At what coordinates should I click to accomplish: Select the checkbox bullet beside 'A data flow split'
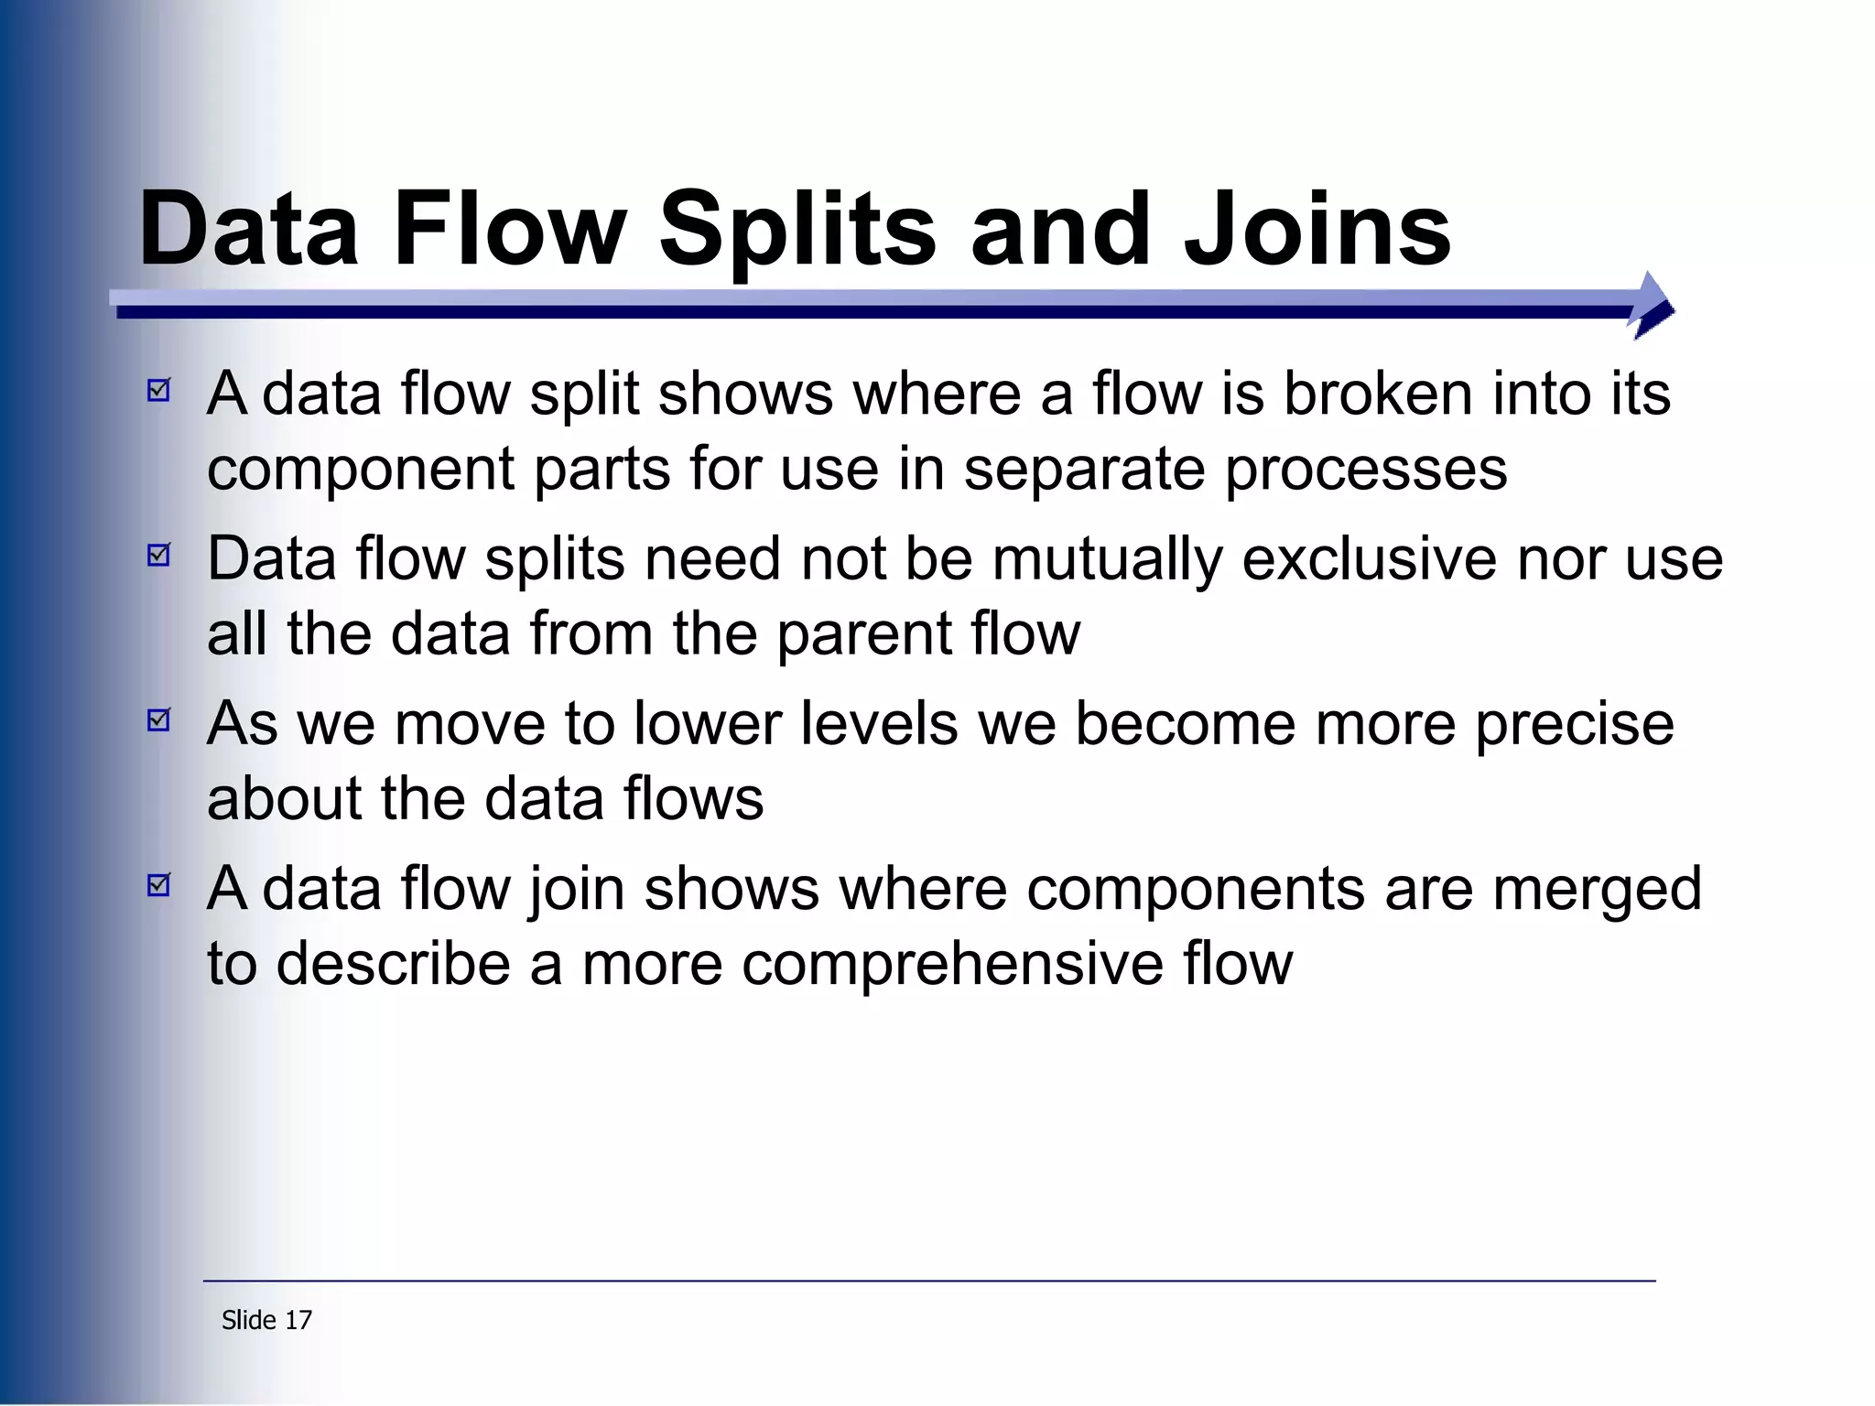tap(159, 391)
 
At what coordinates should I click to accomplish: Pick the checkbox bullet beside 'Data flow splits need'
tap(159, 556)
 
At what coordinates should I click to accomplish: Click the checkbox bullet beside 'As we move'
tap(159, 720)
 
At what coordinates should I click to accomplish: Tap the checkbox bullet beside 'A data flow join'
tap(159, 885)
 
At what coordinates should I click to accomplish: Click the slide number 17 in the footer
tap(298, 1320)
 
